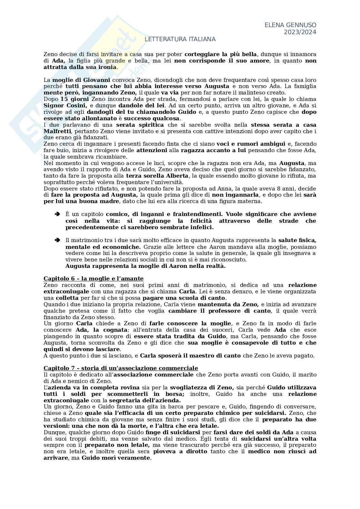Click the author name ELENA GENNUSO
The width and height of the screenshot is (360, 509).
pos(290,25)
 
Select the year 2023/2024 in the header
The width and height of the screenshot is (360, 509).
pos(300,32)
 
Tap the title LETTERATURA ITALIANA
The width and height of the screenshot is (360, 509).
pos(180,39)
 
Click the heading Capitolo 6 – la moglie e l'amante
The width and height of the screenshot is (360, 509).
pos(94,279)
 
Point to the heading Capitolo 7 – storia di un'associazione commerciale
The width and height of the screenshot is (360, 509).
pos(121,368)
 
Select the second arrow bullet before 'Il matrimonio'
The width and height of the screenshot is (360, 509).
pos(57,240)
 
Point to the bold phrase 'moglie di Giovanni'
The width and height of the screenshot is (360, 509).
pos(81,80)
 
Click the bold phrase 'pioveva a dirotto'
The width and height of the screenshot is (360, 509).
pos(180,451)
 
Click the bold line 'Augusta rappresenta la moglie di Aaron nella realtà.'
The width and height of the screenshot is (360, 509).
pos(145,266)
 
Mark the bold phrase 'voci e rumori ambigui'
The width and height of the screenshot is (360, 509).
pos(251,144)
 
